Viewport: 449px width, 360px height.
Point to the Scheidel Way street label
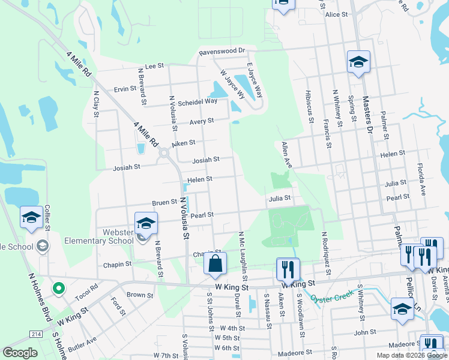click(x=198, y=101)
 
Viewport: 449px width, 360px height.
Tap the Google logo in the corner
click(x=20, y=353)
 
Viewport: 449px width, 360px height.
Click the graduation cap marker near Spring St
click(x=358, y=62)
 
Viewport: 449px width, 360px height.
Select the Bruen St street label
click(x=164, y=202)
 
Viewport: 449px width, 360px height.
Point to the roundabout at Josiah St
click(x=163, y=154)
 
